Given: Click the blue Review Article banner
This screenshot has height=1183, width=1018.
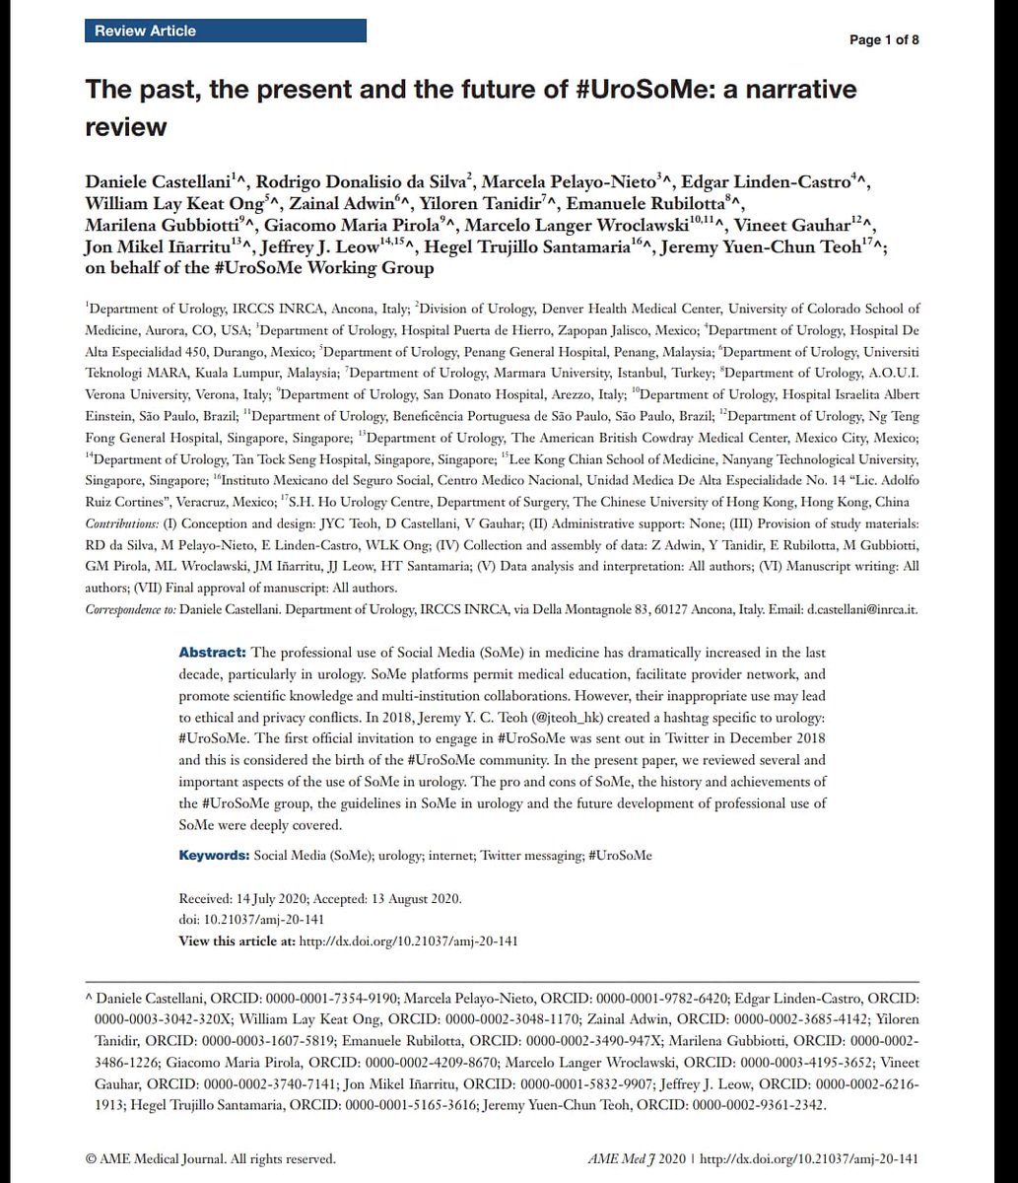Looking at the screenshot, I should [225, 31].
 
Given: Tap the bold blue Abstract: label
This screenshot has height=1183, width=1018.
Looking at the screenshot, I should [212, 654].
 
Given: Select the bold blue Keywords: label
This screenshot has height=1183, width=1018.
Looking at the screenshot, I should [214, 856].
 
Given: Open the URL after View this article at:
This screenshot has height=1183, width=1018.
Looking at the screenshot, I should [408, 940].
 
